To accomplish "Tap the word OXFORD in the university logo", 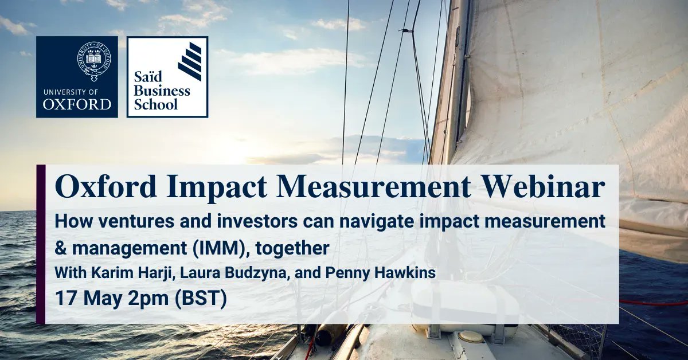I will click(x=77, y=104).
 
